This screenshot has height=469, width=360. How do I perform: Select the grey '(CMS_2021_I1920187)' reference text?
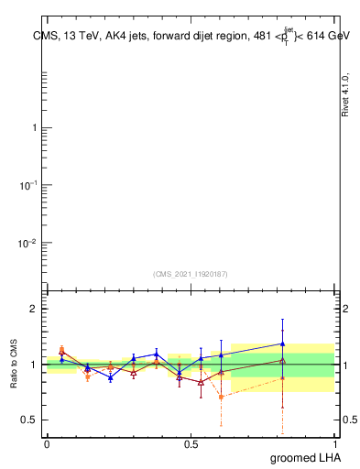click(x=191, y=273)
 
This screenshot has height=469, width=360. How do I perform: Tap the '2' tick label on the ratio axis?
click(x=33, y=310)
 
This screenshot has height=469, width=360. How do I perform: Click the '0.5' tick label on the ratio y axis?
click(x=27, y=420)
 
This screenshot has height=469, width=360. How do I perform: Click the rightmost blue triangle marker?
click(x=282, y=344)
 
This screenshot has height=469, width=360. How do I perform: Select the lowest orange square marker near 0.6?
click(x=221, y=397)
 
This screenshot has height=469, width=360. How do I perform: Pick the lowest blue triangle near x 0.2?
click(x=111, y=377)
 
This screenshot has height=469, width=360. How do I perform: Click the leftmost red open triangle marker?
click(x=61, y=351)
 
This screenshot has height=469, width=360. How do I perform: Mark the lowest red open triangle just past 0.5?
click(x=201, y=382)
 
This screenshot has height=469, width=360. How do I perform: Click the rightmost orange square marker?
click(x=282, y=377)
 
